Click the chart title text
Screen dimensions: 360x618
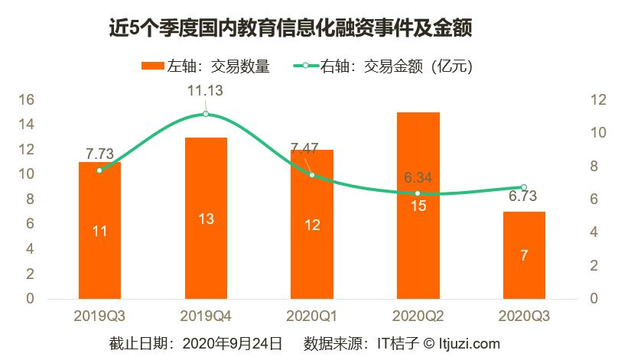coord(290,29)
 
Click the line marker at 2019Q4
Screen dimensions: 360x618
coord(206,114)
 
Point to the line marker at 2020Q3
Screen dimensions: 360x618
coord(524,187)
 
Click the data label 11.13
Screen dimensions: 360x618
coord(206,91)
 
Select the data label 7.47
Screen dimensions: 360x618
coord(307,148)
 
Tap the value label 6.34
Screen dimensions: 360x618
coord(418,177)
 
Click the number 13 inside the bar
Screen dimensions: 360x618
coord(206,219)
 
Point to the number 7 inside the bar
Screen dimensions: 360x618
coord(524,255)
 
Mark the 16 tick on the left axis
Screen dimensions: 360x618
coord(26,100)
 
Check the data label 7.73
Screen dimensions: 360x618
coord(100,153)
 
